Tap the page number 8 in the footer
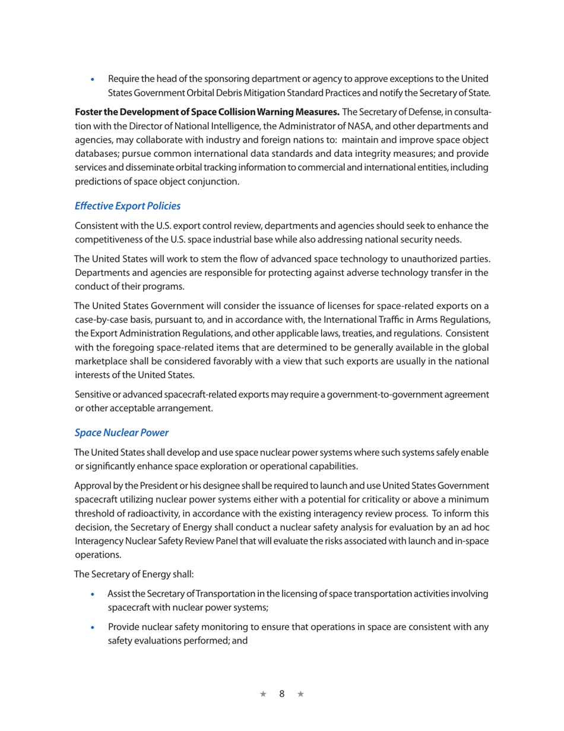(283, 694)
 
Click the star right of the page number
(300, 694)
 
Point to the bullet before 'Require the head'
(91, 78)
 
